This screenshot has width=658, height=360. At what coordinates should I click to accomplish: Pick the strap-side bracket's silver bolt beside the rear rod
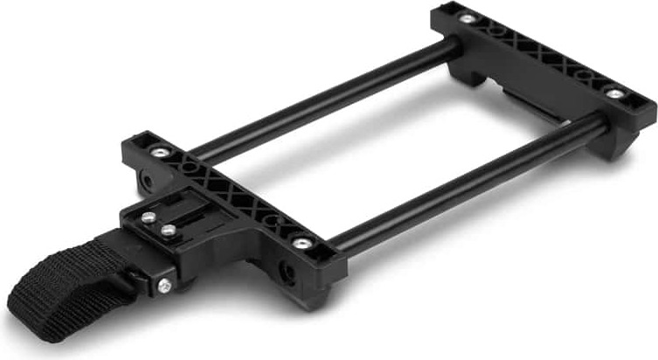pos(155,150)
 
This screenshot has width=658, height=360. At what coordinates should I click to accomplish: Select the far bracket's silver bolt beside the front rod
pos(616,93)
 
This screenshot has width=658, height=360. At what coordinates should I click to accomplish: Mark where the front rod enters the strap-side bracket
pos(336,248)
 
